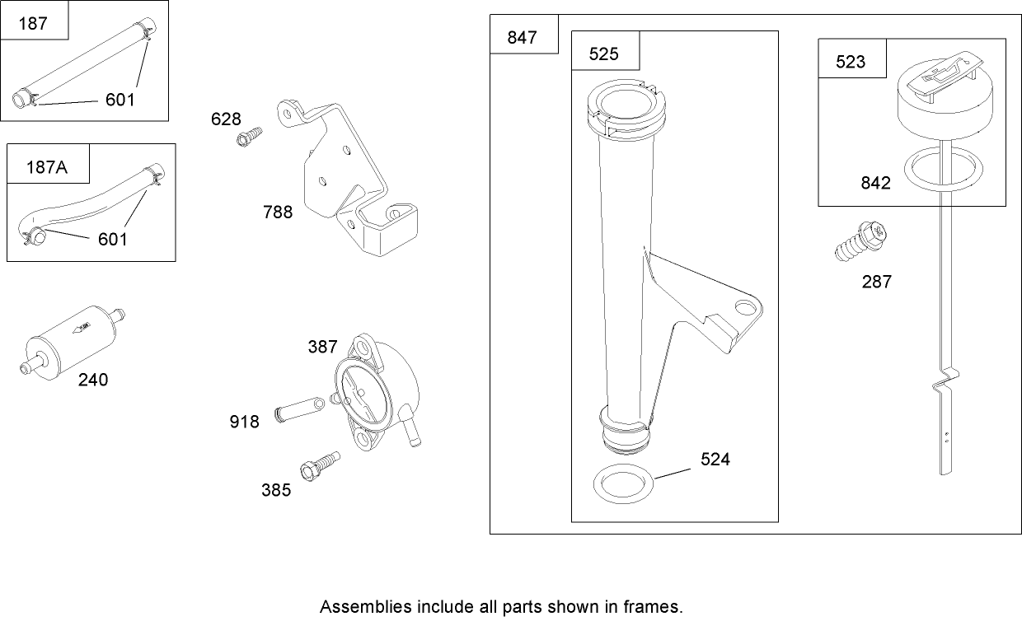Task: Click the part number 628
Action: [x=226, y=119]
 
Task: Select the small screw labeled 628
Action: [x=250, y=137]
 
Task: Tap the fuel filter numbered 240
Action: [x=73, y=343]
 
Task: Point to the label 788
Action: [x=278, y=212]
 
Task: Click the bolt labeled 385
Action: [x=321, y=466]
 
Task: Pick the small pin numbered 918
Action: [x=299, y=409]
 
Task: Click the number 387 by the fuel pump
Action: [x=322, y=347]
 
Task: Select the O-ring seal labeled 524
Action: [x=623, y=483]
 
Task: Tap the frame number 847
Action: [x=522, y=37]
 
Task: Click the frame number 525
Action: [x=603, y=54]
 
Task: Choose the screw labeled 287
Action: [x=860, y=241]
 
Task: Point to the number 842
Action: [x=875, y=184]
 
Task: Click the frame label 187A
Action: [x=47, y=167]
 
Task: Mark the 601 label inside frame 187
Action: [x=120, y=100]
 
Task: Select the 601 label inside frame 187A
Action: [x=113, y=240]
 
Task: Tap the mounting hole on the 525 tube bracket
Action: [x=746, y=308]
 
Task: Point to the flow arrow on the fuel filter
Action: [x=82, y=328]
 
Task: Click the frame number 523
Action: [x=851, y=62]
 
